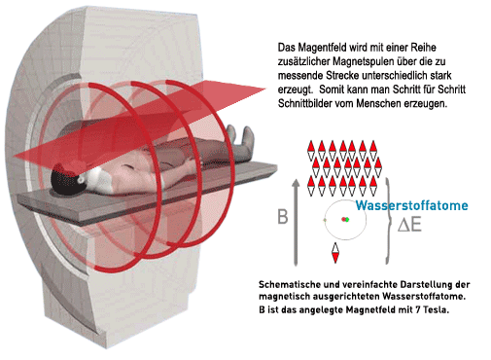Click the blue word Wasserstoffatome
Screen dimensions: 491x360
[x=411, y=205]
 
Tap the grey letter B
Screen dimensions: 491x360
[x=283, y=217]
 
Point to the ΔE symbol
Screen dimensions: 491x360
[x=409, y=225]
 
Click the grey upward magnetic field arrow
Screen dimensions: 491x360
[x=296, y=223]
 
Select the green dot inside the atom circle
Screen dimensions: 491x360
[x=347, y=220]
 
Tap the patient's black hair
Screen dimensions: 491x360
[x=64, y=181]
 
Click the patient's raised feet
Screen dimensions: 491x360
[x=240, y=135]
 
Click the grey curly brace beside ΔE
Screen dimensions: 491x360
[x=388, y=221]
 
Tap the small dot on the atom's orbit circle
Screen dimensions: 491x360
[x=325, y=221]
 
